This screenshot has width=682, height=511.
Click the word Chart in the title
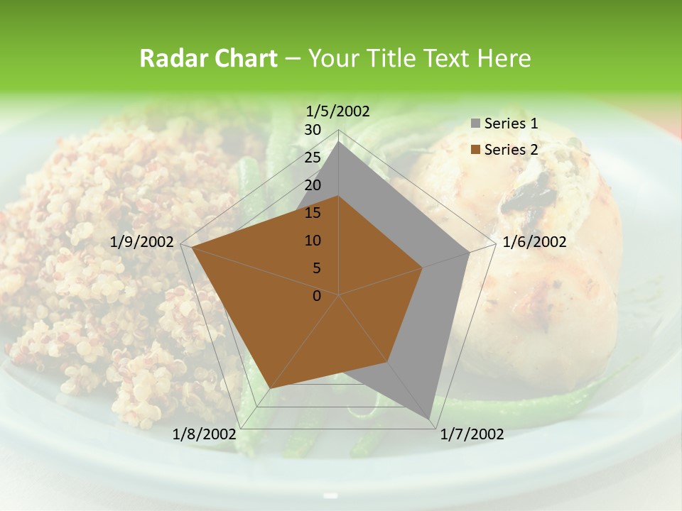pos(246,59)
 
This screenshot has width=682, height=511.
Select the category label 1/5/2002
pos(337,111)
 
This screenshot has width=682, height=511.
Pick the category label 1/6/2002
pos(534,242)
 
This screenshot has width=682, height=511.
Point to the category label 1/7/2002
pos(472,434)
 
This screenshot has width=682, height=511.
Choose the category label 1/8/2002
pos(204,434)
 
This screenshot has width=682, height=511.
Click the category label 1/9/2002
pos(142,242)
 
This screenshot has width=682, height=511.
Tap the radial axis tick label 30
pos(313,130)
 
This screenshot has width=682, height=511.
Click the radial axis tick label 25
pos(313,158)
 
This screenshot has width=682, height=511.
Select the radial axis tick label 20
pos(313,185)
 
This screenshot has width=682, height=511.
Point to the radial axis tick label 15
pos(313,213)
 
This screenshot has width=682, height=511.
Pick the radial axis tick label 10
pos(313,241)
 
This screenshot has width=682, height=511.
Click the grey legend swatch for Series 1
pos(475,124)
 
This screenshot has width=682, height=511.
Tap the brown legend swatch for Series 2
pos(475,150)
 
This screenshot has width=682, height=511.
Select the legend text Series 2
pos(511,150)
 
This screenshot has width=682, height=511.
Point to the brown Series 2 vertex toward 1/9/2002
pos(192,248)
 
